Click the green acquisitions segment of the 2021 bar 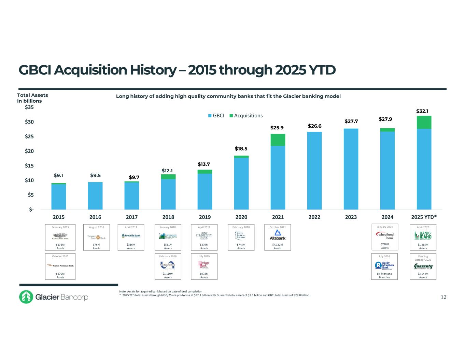(x=278, y=140)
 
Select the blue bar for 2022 (x=314, y=171)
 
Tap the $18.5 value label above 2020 (x=241, y=149)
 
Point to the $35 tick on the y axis (x=29, y=107)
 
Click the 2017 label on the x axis (x=132, y=217)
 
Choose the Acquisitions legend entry (x=246, y=116)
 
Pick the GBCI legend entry (x=216, y=116)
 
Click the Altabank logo (x=278, y=235)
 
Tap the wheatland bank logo (x=385, y=235)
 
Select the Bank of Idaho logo (x=423, y=235)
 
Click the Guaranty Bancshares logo (x=423, y=267)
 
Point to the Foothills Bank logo (x=131, y=235)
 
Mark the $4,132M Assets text (x=278, y=246)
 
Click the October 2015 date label (x=60, y=256)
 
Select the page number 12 (x=443, y=297)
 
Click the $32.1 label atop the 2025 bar (x=422, y=111)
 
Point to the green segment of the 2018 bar (x=168, y=177)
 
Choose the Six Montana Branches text (x=385, y=275)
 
